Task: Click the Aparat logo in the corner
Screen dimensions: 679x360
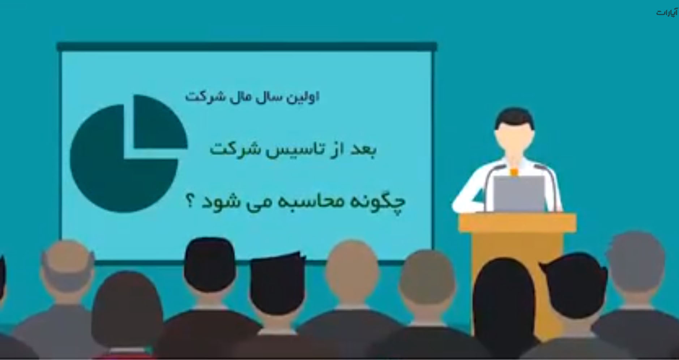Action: click(667, 13)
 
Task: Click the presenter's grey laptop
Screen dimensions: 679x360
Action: click(519, 194)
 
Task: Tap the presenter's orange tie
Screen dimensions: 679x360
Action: click(514, 172)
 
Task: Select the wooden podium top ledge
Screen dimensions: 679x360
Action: click(517, 222)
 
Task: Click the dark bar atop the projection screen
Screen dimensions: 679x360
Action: click(247, 47)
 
